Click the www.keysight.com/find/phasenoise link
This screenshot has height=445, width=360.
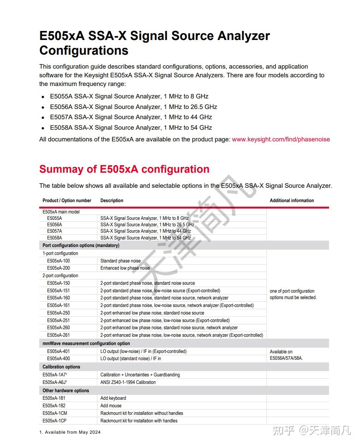(x=281, y=139)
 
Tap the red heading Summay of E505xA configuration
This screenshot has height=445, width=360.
(x=124, y=169)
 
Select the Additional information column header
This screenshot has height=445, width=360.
(x=292, y=201)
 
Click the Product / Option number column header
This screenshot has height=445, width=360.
(x=67, y=201)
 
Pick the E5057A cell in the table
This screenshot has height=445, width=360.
(x=54, y=231)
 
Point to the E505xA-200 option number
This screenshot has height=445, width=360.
(x=58, y=268)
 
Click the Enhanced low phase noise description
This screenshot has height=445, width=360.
(x=125, y=268)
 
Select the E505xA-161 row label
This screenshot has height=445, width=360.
(x=58, y=305)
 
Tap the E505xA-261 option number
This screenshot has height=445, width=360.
(x=58, y=335)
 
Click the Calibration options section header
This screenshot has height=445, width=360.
(x=61, y=367)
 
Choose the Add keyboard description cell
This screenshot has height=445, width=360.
(x=113, y=398)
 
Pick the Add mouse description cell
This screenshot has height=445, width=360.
(x=111, y=406)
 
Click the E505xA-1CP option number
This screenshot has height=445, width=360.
(x=54, y=421)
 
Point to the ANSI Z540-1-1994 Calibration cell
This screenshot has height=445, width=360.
(x=128, y=382)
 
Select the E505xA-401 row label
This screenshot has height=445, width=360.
(x=58, y=351)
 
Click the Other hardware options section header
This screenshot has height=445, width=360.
(x=66, y=391)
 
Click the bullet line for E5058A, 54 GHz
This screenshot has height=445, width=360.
(x=131, y=127)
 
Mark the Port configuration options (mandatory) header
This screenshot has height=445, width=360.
(x=81, y=246)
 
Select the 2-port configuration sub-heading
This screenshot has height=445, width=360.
(x=60, y=276)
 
